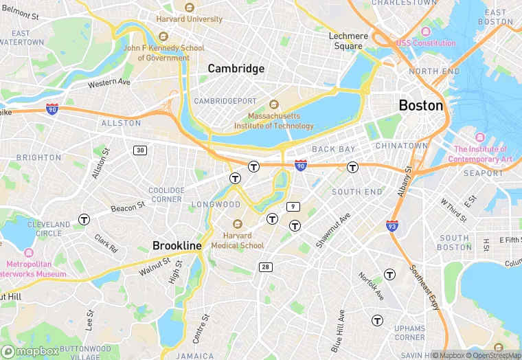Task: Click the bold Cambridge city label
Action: tap(236, 68)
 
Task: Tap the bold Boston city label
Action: tap(421, 105)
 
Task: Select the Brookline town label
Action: tap(177, 245)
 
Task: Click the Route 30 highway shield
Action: tap(140, 150)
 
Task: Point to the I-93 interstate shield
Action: tap(391, 226)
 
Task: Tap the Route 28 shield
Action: tap(265, 266)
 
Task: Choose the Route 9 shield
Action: tap(293, 206)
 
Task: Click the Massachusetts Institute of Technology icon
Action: tap(273, 104)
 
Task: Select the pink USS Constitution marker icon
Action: tap(425, 32)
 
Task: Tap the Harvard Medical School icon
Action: tap(238, 224)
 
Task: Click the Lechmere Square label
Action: tap(348, 41)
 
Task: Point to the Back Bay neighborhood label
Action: tap(333, 149)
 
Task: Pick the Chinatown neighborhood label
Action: tap(402, 146)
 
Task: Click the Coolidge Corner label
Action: tap(166, 195)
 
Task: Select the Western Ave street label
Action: tap(109, 83)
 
